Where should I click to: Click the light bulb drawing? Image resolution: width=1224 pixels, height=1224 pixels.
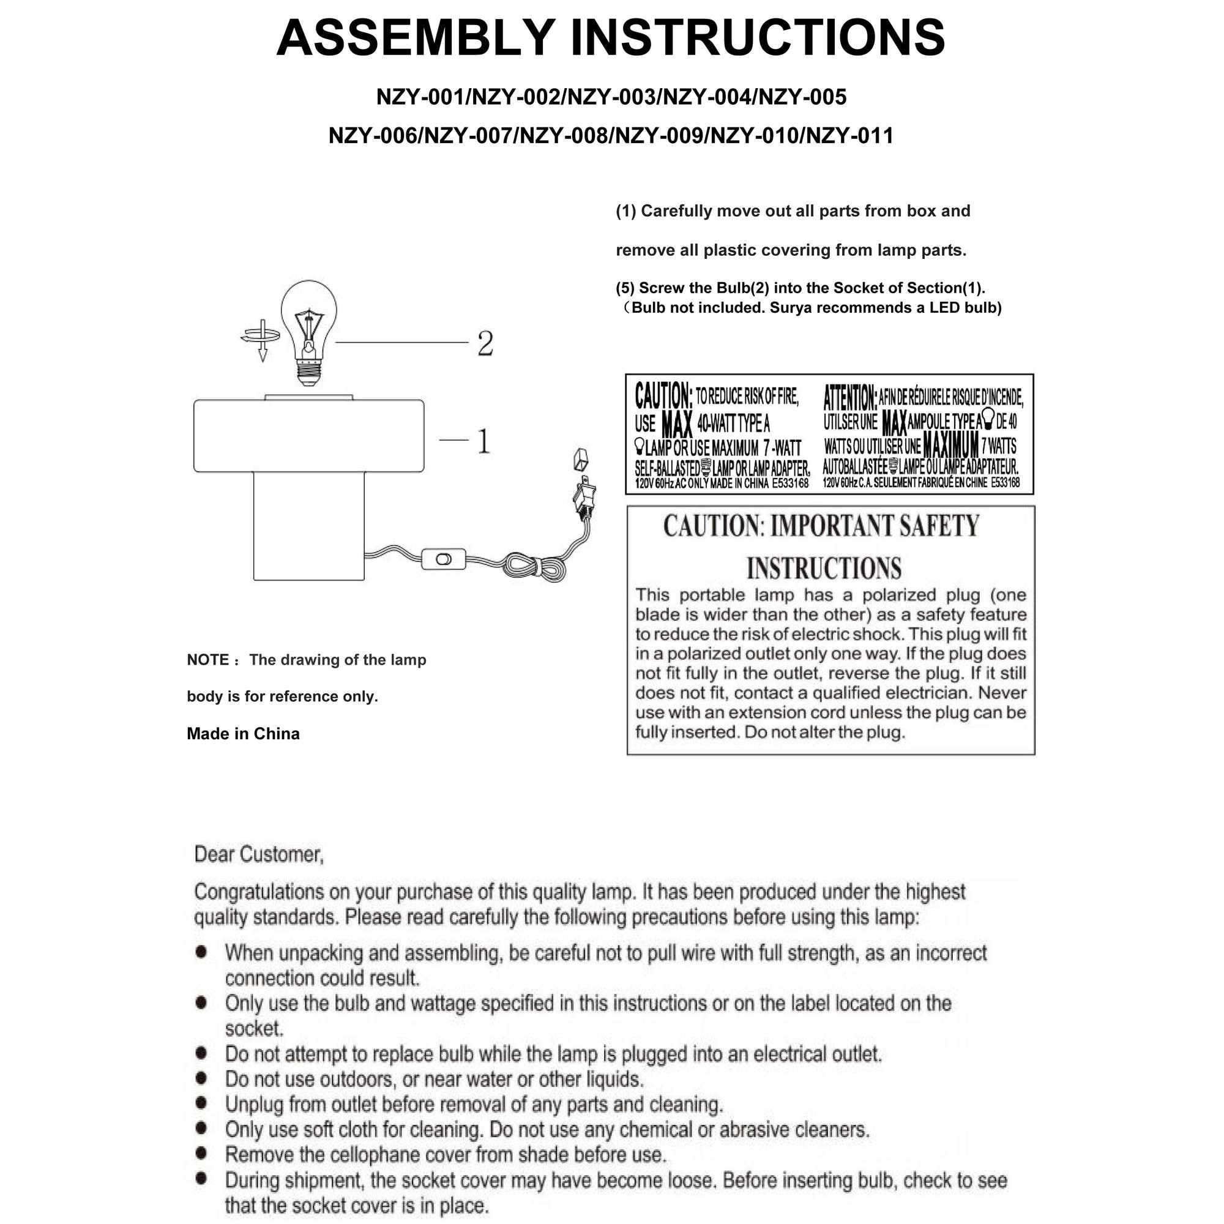308,332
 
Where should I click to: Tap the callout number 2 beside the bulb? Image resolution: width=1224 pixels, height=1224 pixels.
485,343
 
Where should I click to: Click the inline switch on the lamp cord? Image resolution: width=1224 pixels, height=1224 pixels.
444,559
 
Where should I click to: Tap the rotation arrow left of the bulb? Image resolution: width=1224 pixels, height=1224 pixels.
261,340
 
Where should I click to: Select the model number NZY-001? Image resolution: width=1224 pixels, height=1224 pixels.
421,97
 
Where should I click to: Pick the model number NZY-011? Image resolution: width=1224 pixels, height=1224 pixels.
849,136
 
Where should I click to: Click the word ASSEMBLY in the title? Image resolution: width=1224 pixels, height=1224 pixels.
416,37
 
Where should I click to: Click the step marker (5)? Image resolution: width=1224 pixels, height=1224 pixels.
625,288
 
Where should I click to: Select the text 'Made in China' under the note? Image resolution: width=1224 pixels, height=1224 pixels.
244,734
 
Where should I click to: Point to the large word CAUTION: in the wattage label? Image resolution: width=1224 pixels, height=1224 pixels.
663,396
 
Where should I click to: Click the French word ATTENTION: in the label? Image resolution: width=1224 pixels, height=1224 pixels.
850,397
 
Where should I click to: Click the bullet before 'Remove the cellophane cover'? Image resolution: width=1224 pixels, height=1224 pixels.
201,1154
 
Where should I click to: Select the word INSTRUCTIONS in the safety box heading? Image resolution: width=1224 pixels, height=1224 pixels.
824,569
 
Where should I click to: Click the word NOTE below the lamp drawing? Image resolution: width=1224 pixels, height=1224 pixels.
208,660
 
